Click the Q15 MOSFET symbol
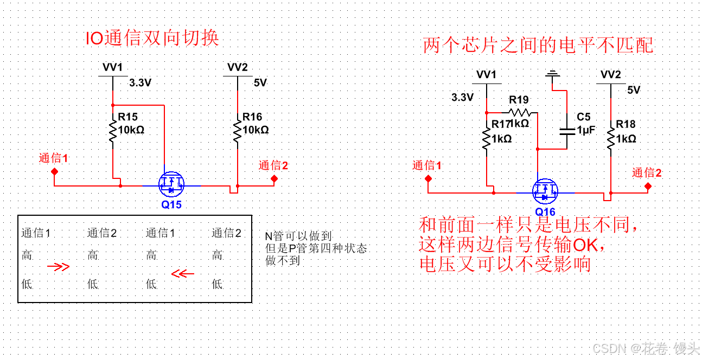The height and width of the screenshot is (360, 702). pyautogui.click(x=171, y=185)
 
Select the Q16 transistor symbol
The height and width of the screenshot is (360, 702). pyautogui.click(x=545, y=190)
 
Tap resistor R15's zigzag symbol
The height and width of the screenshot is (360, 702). pyautogui.click(x=113, y=132)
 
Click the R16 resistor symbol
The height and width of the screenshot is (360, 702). pyautogui.click(x=238, y=132)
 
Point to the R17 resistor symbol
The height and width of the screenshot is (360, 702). pyautogui.click(x=487, y=138)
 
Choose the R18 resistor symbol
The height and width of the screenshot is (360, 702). pyautogui.click(x=611, y=138)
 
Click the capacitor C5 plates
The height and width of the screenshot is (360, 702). pyautogui.click(x=567, y=131)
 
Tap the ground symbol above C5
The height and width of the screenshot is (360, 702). pyautogui.click(x=553, y=74)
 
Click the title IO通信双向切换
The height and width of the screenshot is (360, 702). pyautogui.click(x=152, y=38)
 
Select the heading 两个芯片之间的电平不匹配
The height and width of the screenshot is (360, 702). pyautogui.click(x=538, y=46)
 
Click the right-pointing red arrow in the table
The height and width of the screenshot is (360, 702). pyautogui.click(x=59, y=267)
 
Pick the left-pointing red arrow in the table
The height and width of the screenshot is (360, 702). pyautogui.click(x=183, y=273)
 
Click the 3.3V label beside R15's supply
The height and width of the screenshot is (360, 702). pyautogui.click(x=140, y=83)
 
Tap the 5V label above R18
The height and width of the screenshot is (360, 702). pyautogui.click(x=634, y=90)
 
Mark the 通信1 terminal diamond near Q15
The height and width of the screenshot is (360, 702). pyautogui.click(x=54, y=171)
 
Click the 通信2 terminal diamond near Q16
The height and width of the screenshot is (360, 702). pyautogui.click(x=648, y=186)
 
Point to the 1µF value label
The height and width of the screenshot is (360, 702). pyautogui.click(x=586, y=130)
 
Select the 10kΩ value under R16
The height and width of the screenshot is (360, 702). pyautogui.click(x=256, y=130)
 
